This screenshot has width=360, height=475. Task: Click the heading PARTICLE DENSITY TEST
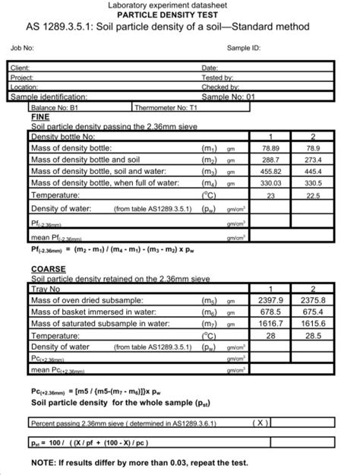coord(179,14)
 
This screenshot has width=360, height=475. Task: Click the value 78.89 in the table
coord(272,149)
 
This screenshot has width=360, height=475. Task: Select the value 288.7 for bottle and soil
coord(272,160)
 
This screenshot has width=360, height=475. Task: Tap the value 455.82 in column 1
coord(272,172)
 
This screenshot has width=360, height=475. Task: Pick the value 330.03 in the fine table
coord(272,183)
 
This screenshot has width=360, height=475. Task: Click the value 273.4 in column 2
coord(312,160)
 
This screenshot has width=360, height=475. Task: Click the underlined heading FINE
coord(39,119)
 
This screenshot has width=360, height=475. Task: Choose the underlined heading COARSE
coord(48,270)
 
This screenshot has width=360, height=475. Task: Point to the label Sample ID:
coord(244,47)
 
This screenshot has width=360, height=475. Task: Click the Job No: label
coord(22,47)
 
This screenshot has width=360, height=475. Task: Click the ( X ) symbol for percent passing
coord(260,421)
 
